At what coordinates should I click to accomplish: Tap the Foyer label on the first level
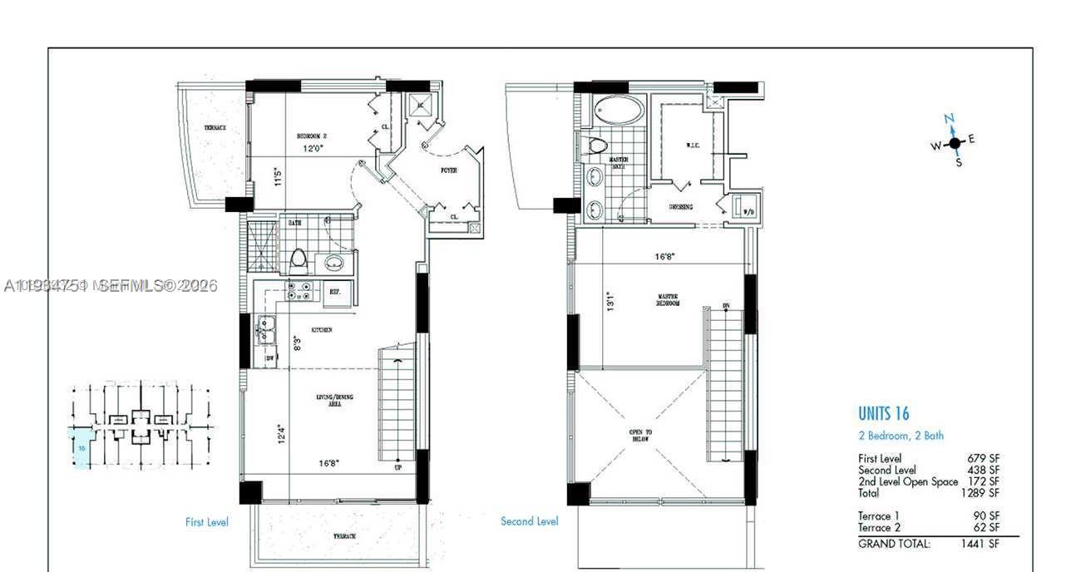(448, 170)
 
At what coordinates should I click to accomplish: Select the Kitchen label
(322, 330)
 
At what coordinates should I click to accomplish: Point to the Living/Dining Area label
(334, 400)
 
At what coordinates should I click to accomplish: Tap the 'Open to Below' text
(640, 436)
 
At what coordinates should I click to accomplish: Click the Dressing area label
(681, 207)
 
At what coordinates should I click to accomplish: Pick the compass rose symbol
(954, 142)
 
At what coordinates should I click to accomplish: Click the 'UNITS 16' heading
(883, 413)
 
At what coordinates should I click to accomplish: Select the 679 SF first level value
(983, 458)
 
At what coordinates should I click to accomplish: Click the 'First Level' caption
(206, 522)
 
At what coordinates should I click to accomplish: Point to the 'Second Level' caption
(529, 521)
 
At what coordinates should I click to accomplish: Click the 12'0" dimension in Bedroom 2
(313, 150)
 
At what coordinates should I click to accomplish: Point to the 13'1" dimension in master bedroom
(609, 301)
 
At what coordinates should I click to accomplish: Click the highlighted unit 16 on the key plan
(81, 449)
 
